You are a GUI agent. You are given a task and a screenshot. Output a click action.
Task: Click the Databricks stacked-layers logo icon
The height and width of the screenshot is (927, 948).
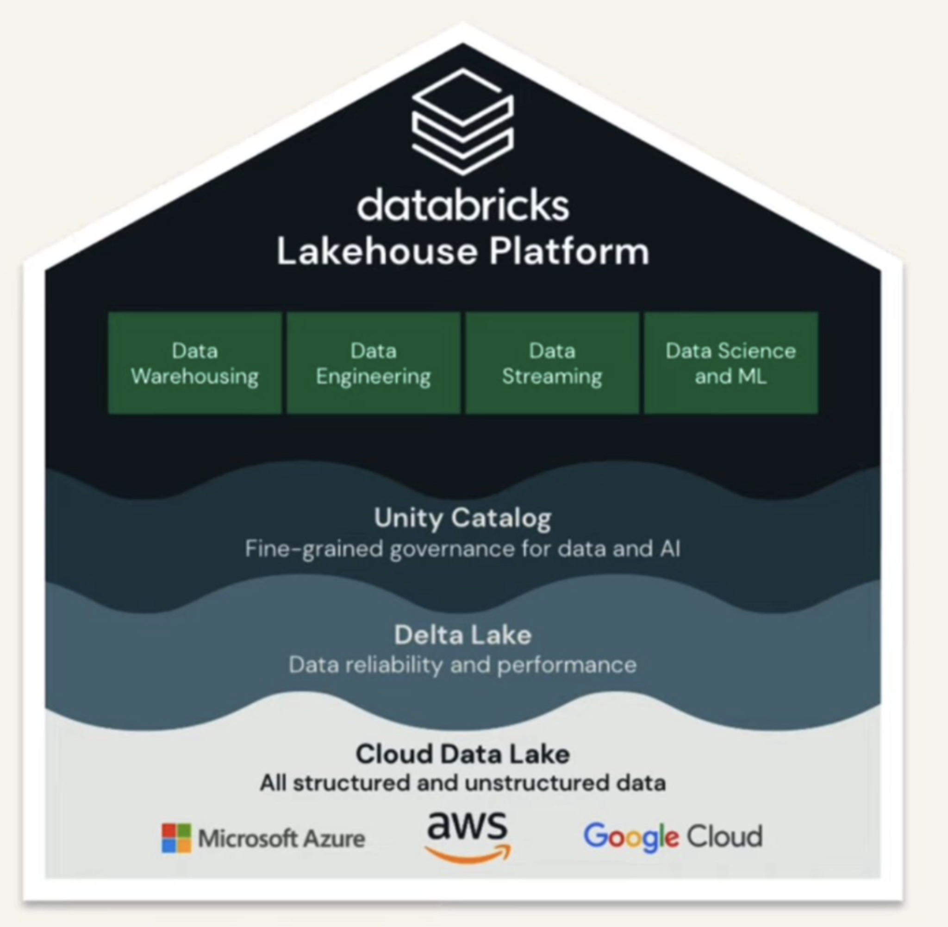coord(462,122)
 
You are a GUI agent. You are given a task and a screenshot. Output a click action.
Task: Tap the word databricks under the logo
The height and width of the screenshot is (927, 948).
coord(463,206)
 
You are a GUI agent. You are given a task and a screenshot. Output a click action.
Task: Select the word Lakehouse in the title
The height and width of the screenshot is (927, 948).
coord(377,252)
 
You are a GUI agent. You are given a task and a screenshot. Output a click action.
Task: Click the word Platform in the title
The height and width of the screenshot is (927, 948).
coord(569,252)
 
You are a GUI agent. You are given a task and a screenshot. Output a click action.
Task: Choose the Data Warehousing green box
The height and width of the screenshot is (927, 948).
coord(195,363)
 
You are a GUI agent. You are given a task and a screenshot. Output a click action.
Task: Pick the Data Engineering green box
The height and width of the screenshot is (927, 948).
coord(373,363)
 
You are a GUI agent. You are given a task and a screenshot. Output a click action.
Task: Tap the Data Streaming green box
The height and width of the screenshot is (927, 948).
coord(552,363)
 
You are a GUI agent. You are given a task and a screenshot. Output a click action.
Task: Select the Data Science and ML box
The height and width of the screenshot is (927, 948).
coord(730,363)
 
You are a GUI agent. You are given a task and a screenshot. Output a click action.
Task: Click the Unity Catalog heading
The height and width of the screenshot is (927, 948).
coord(462,518)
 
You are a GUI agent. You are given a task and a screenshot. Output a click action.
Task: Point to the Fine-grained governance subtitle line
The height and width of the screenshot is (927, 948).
coord(462,549)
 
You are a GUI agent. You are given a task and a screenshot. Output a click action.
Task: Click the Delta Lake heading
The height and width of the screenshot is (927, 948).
coord(462,635)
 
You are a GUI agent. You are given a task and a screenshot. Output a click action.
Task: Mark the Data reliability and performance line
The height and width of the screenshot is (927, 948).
coord(462,665)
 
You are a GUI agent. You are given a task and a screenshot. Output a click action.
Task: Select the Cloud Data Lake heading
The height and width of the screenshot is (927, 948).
coord(462,754)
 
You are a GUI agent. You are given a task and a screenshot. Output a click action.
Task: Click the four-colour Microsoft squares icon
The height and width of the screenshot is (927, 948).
coord(176,839)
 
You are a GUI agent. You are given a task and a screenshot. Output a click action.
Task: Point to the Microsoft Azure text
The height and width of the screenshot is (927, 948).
coord(281,839)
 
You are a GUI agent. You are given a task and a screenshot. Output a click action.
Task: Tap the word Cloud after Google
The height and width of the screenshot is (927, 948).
coord(724,836)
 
